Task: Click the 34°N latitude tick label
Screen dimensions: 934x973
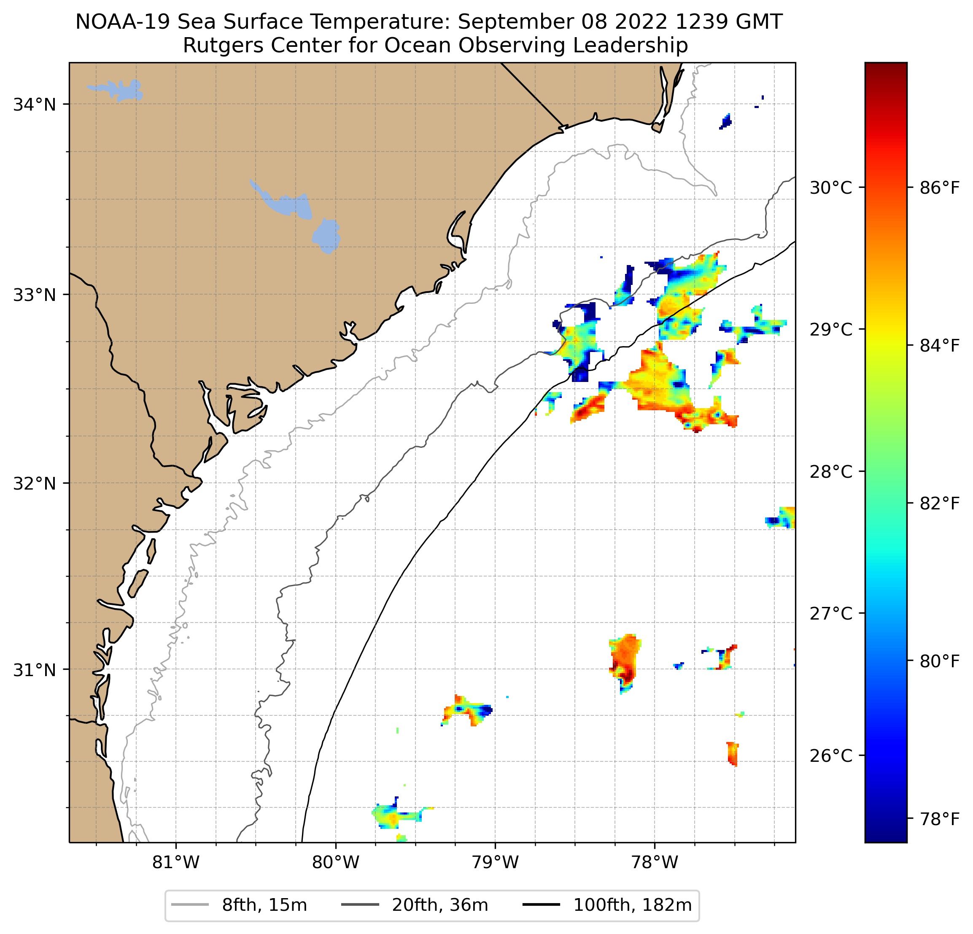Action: (34, 105)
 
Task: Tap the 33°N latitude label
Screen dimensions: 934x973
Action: (34, 295)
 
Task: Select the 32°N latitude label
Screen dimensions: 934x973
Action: (34, 483)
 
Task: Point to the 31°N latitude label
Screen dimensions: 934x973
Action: (34, 670)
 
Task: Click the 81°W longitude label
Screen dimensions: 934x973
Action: (176, 862)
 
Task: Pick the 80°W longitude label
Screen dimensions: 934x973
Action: (336, 862)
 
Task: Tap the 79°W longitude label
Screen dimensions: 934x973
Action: (495, 862)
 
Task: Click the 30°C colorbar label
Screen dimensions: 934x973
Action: (830, 188)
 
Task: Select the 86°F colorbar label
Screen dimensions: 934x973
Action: (940, 188)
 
